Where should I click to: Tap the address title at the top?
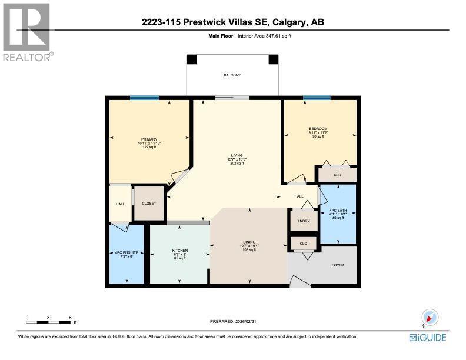pos(232,22)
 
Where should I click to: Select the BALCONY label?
pos(232,75)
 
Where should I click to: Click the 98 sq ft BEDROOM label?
pos(318,132)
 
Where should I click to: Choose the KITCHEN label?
pos(179,254)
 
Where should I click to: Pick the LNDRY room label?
pos(304,221)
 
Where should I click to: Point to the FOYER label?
pos(338,265)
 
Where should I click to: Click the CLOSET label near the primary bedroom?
pos(149,203)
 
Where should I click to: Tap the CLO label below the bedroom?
pos(337,175)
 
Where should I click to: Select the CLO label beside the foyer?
pos(304,243)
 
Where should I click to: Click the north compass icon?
pos(430,318)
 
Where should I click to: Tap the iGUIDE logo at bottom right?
pos(427,338)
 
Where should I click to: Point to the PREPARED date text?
pos(233,321)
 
